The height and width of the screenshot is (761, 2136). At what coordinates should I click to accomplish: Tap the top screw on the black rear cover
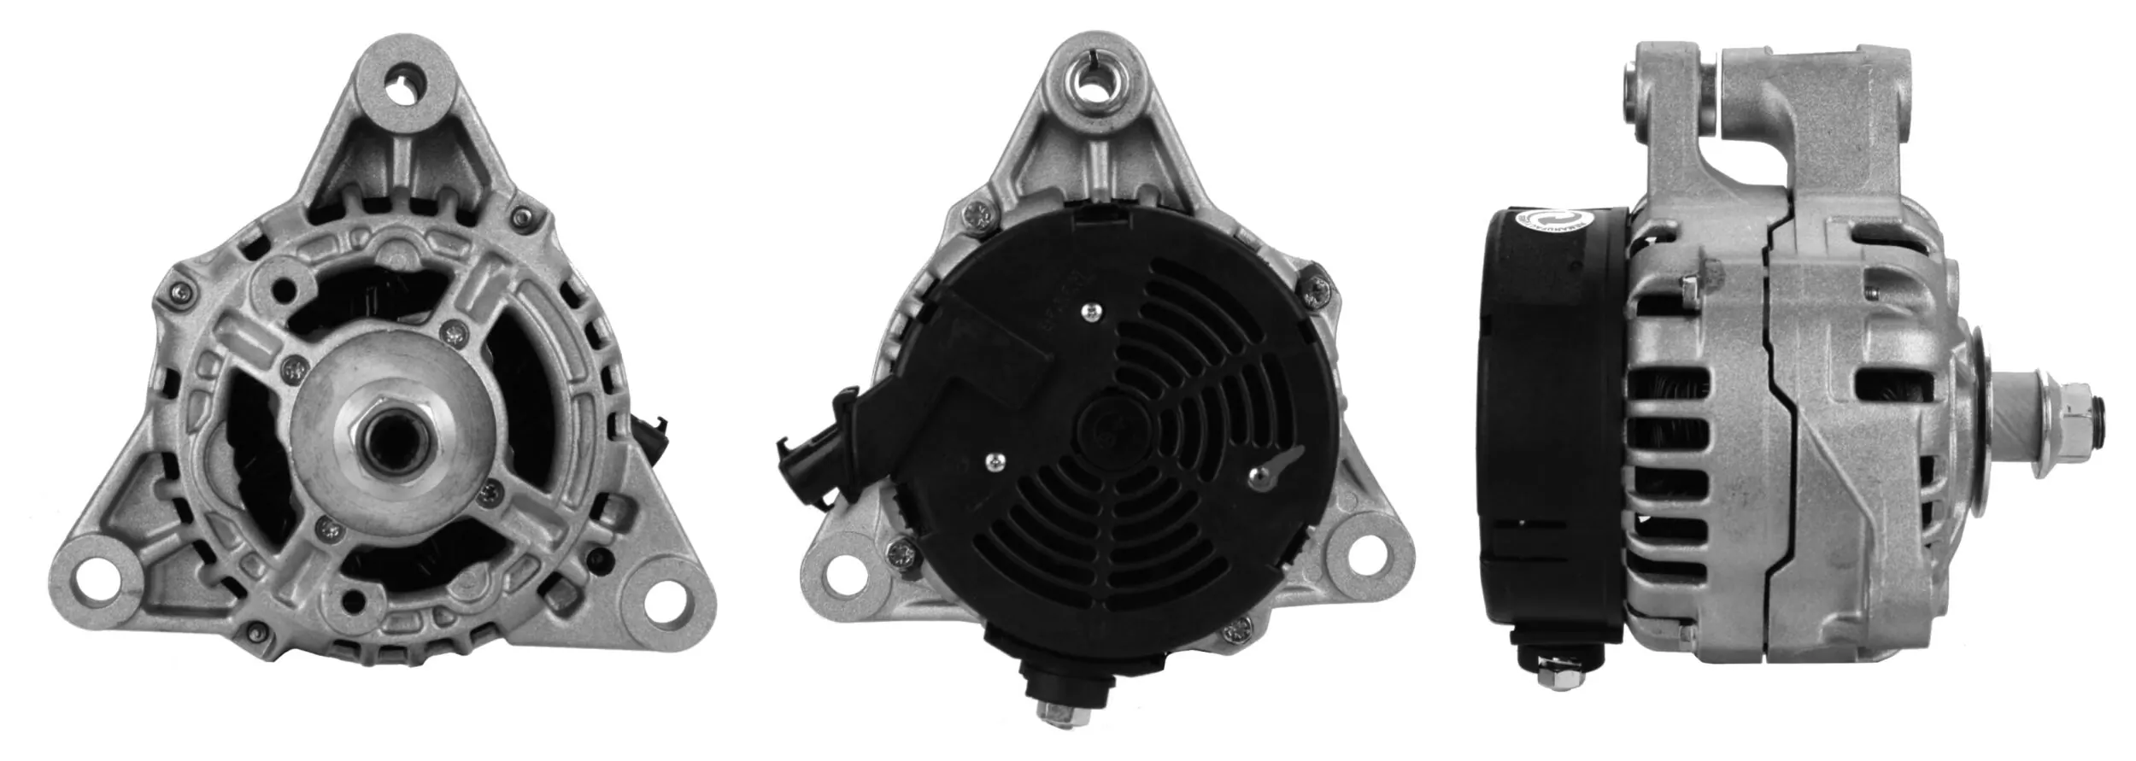click(x=1090, y=313)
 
